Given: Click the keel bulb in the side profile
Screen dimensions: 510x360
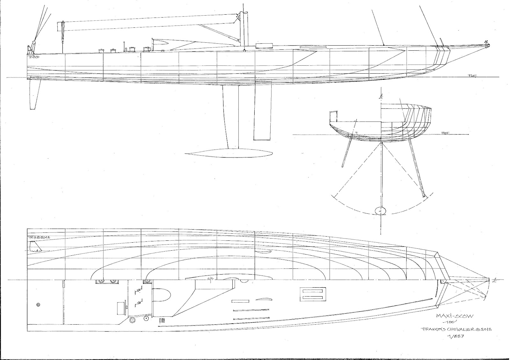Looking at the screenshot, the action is click(x=229, y=153).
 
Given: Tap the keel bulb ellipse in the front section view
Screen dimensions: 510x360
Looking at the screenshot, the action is click(x=381, y=210).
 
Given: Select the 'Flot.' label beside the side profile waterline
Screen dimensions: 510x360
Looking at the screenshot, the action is click(x=472, y=76).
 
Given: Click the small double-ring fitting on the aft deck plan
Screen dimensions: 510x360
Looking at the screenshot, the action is click(x=38, y=305).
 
